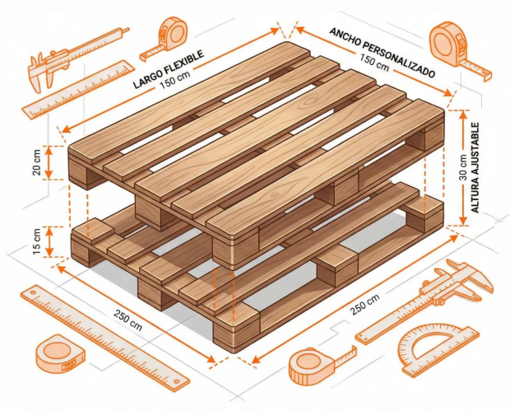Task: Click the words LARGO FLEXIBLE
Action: pyautogui.click(x=169, y=68)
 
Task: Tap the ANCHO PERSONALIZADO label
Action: pyautogui.click(x=382, y=53)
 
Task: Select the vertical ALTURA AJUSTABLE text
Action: pyautogui.click(x=475, y=168)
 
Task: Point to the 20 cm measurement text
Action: pyautogui.click(x=37, y=162)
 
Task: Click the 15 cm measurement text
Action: pyautogui.click(x=37, y=241)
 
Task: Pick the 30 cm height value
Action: pyautogui.click(x=463, y=167)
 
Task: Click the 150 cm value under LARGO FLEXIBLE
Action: pyautogui.click(x=175, y=80)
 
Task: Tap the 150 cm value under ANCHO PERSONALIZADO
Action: pyautogui.click(x=374, y=63)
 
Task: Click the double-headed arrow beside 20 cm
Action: pyautogui.click(x=49, y=162)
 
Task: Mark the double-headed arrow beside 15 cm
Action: pyautogui.click(x=49, y=241)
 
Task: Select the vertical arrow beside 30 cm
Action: pyautogui.click(x=463, y=168)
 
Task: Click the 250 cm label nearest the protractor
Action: pyautogui.click(x=365, y=305)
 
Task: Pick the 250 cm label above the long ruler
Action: pyautogui.click(x=128, y=320)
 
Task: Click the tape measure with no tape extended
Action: pyautogui.click(x=59, y=355)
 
